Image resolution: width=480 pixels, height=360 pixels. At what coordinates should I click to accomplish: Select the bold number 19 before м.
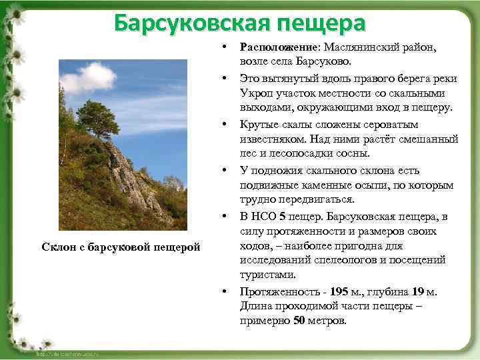(x=418, y=291)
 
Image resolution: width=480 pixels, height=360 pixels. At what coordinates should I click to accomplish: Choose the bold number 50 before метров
(x=300, y=320)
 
